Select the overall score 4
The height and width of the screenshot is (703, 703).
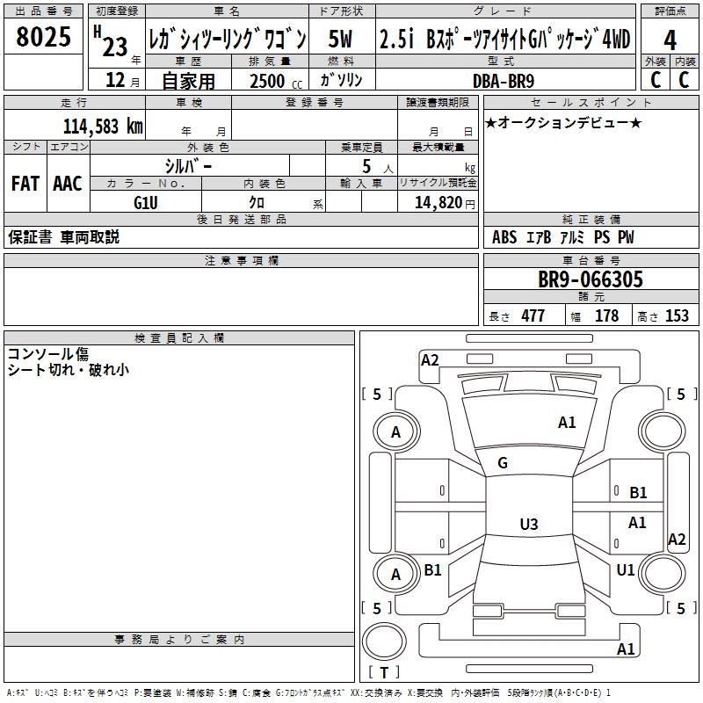pyautogui.click(x=670, y=39)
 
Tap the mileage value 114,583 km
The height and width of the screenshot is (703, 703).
pyautogui.click(x=103, y=127)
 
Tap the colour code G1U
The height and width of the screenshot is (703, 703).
pyautogui.click(x=146, y=201)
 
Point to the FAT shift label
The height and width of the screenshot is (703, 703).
pyautogui.click(x=25, y=184)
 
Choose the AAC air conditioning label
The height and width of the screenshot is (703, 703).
pyautogui.click(x=67, y=184)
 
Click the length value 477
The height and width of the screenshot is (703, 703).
pyautogui.click(x=533, y=316)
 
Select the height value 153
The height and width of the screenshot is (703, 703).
pyautogui.click(x=677, y=316)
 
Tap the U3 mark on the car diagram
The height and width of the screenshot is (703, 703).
pyautogui.click(x=528, y=525)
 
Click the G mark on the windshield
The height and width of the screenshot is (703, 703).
pyautogui.click(x=503, y=462)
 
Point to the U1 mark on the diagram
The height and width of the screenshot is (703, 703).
pyautogui.click(x=626, y=570)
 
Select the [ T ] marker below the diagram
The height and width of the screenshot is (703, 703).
pyautogui.click(x=383, y=673)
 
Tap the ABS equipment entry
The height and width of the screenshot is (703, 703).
pyautogui.click(x=504, y=237)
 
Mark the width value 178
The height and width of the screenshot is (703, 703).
pyautogui.click(x=606, y=316)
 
